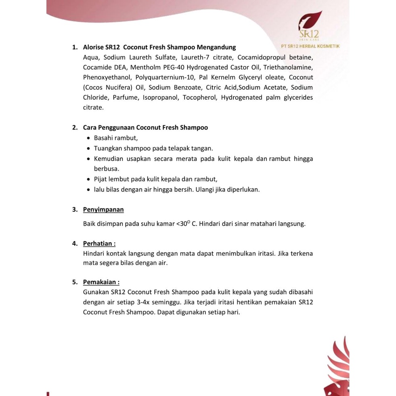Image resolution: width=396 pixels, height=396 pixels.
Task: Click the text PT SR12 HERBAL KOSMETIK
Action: pyautogui.click(x=310, y=46)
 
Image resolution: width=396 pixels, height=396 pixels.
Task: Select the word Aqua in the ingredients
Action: pyautogui.click(x=91, y=58)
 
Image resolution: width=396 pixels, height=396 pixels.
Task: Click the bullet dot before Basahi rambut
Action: pyautogui.click(x=89, y=138)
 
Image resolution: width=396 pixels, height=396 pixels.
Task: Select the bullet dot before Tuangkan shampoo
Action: pyautogui.click(x=89, y=148)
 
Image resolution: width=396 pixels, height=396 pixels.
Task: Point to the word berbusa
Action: pyautogui.click(x=107, y=169)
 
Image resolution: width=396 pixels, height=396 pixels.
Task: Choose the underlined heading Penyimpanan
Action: pyautogui.click(x=103, y=210)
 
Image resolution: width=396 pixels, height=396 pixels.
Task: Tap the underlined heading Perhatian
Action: pyautogui.click(x=99, y=244)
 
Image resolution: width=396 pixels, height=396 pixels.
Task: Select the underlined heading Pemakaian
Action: pyautogui.click(x=101, y=282)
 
